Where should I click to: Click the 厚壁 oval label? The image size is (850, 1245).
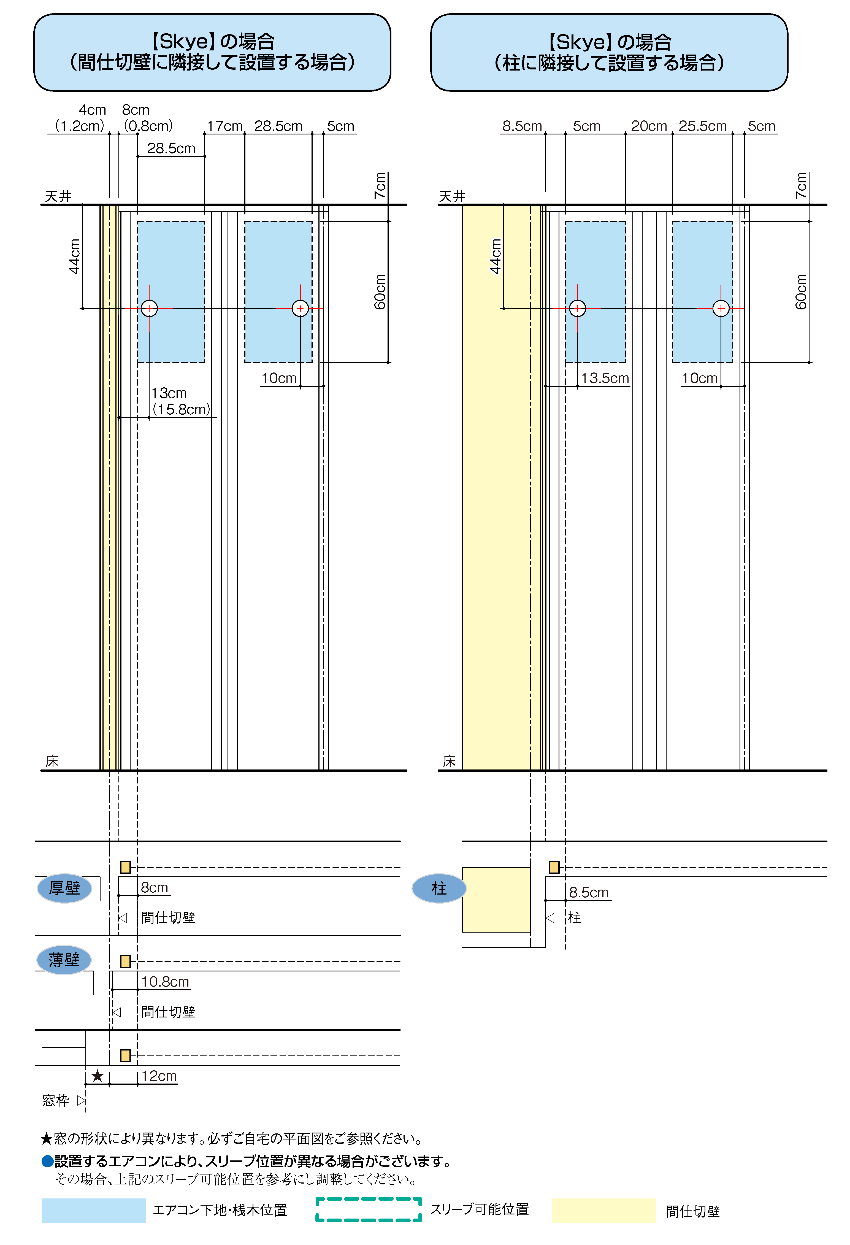click(x=64, y=888)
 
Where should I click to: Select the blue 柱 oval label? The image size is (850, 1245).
click(x=439, y=888)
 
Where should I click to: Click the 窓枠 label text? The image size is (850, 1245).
click(x=56, y=1101)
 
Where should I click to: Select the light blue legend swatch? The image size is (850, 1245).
click(x=94, y=1210)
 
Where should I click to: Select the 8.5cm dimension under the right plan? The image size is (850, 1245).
click(x=589, y=893)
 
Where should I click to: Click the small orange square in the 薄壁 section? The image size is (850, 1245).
click(x=125, y=962)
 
